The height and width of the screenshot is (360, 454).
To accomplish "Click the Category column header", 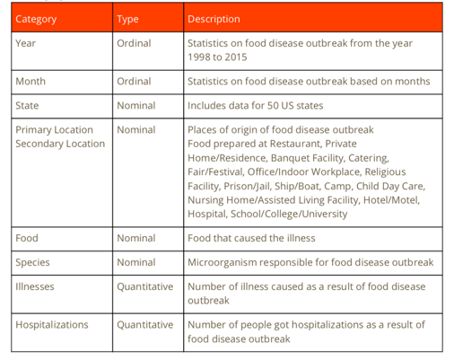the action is point(36,19).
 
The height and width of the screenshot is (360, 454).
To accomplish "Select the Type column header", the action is point(127,19).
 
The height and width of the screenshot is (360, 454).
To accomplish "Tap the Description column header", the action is point(214,19).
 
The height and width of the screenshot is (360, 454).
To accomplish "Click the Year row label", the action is point(25,43).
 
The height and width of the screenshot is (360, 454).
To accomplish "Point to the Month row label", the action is point(31,81).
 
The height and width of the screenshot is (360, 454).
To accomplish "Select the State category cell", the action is point(27,105).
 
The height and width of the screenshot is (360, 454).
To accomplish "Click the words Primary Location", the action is point(54,129).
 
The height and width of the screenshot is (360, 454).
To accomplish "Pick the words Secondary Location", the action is point(60,144).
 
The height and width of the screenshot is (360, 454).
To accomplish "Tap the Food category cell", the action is point(27,238).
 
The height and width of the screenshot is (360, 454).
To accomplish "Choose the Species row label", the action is point(32,262).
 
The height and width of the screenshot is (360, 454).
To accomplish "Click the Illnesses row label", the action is point(35,286).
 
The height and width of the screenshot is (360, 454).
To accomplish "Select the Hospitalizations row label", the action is point(52,325).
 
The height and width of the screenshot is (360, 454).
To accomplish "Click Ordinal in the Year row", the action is point(134,43).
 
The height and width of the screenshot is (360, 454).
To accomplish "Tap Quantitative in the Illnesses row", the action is point(145,286).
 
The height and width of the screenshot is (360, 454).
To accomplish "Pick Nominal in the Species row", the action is point(136,262).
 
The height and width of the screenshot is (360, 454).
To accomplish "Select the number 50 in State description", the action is point(273,105).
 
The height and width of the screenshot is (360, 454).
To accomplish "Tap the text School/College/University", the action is point(289,214).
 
